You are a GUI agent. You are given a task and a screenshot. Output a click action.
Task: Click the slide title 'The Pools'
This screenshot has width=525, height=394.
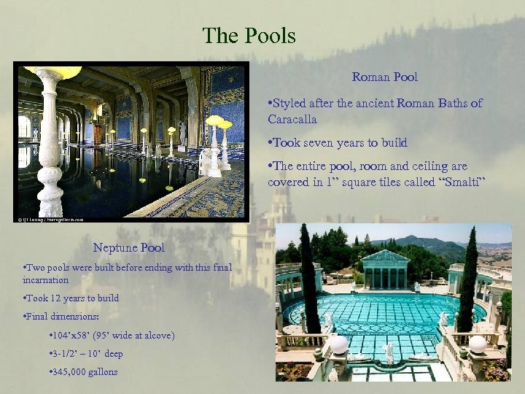pyautogui.click(x=249, y=34)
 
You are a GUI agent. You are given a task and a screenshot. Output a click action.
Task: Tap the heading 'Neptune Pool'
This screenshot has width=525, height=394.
pyautogui.click(x=129, y=248)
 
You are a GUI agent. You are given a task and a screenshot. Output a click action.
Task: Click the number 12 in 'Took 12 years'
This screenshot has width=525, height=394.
pyautogui.click(x=55, y=298)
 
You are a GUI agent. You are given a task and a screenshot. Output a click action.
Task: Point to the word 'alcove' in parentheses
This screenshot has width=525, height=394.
pyautogui.click(x=157, y=336)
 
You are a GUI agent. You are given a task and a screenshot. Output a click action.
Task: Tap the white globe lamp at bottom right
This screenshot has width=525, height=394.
pyautogui.click(x=477, y=344)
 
